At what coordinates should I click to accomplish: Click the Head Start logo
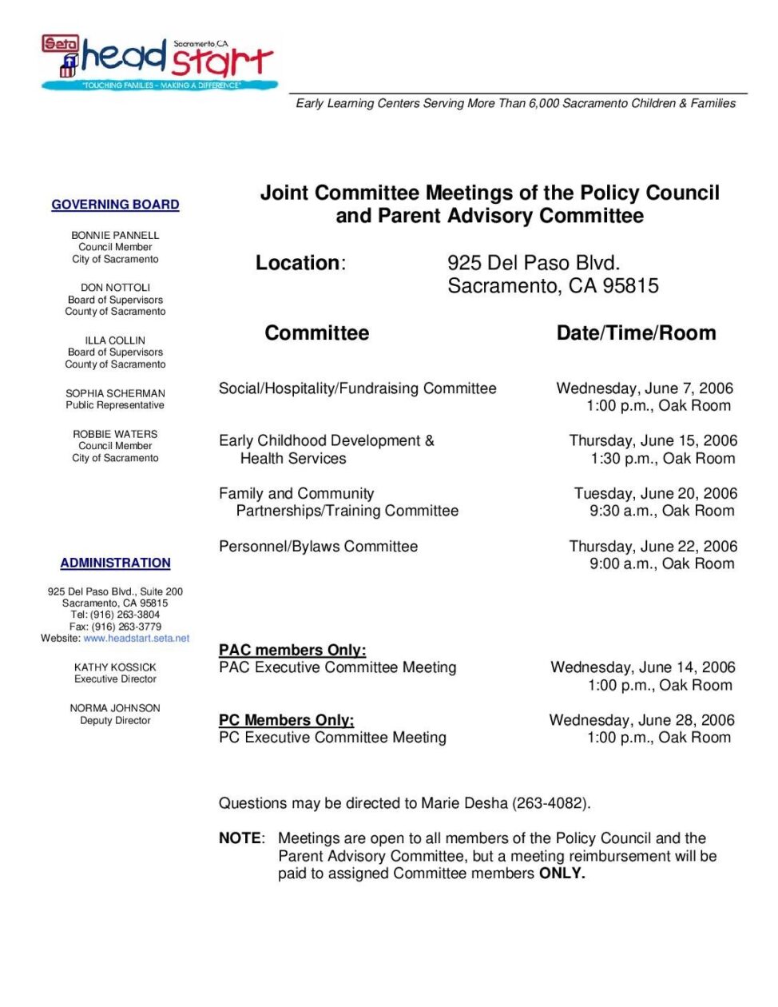point(160,62)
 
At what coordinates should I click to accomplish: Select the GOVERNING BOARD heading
point(115,205)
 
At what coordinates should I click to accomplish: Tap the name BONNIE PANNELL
point(115,235)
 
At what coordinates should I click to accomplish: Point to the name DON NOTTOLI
point(115,288)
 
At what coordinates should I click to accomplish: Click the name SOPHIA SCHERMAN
point(115,393)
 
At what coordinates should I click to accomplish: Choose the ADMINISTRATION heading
point(115,563)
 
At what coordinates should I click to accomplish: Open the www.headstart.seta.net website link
point(137,639)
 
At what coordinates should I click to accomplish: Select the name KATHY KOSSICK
point(115,667)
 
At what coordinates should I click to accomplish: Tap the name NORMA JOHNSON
point(115,708)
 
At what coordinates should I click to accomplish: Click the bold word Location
point(298,263)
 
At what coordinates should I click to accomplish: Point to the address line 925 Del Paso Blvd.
point(534,263)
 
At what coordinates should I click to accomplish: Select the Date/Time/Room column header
point(636,333)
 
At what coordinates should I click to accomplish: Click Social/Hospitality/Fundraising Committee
point(357,388)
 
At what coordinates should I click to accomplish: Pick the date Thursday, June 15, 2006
point(653,440)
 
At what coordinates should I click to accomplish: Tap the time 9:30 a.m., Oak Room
point(661,511)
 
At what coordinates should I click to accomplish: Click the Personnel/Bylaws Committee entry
point(318,547)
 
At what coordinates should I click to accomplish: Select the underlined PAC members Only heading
point(292,651)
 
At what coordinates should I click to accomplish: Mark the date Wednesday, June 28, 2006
point(641,720)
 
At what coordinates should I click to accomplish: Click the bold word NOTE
point(240,838)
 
